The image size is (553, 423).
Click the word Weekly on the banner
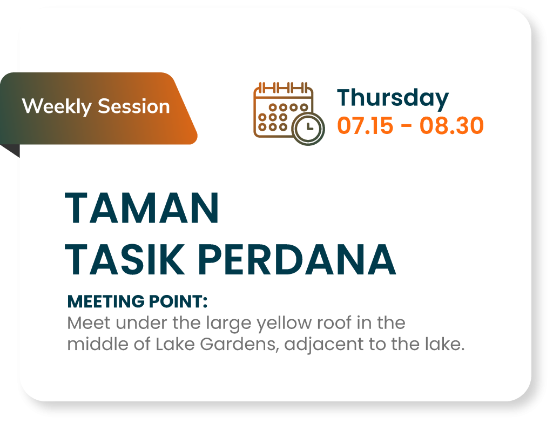click(57, 106)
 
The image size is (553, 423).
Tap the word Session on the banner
click(134, 106)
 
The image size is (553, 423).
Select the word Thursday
click(393, 99)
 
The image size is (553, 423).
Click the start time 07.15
click(365, 125)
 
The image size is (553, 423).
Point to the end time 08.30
click(451, 125)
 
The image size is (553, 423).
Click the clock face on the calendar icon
click(309, 129)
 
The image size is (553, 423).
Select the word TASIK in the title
click(125, 260)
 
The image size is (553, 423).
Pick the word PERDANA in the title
click(296, 260)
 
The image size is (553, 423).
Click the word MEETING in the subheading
click(106, 301)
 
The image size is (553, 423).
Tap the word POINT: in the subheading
click(178, 301)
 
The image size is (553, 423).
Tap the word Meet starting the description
click(89, 323)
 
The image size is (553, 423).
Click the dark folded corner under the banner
click(11, 150)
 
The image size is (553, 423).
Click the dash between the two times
click(406, 126)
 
